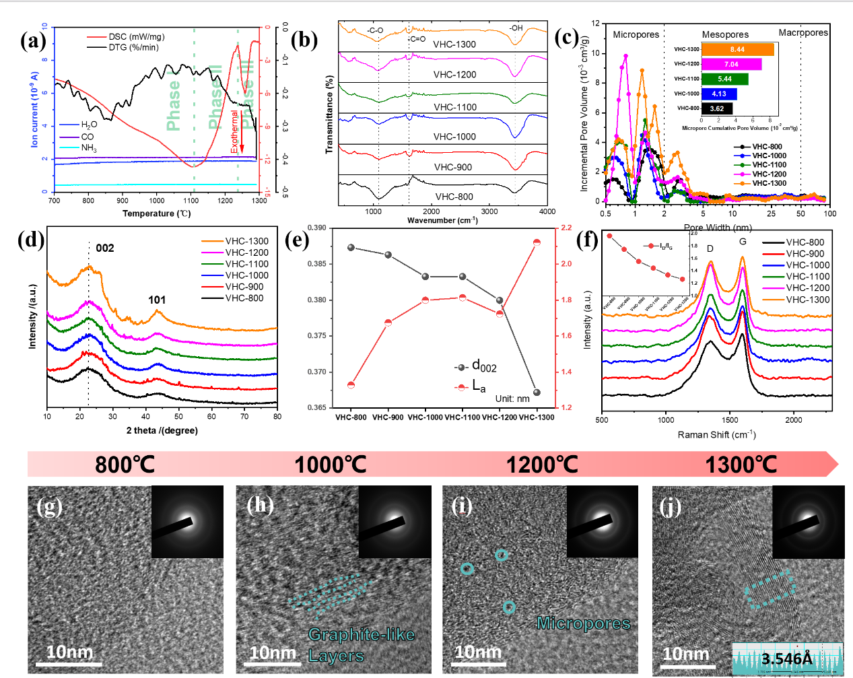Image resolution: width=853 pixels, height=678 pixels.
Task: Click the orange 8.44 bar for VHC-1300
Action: click(737, 50)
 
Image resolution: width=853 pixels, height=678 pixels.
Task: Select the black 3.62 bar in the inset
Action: click(716, 108)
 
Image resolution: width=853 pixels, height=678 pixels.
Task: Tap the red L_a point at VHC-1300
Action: click(537, 242)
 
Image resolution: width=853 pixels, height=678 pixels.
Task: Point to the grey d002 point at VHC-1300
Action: click(537, 393)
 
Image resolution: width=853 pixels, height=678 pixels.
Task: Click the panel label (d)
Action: click(31, 240)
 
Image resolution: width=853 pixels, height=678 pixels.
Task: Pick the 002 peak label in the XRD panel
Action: click(104, 248)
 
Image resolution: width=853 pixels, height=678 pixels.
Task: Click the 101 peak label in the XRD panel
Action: click(157, 300)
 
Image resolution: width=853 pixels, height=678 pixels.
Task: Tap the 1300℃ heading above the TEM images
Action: click(741, 465)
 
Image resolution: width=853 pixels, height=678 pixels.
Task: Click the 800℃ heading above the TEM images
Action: click(125, 465)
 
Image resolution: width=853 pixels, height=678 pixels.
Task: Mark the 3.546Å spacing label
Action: click(786, 658)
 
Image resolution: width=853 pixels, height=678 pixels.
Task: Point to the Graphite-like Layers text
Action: click(361, 644)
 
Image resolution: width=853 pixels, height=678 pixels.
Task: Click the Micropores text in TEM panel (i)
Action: click(583, 623)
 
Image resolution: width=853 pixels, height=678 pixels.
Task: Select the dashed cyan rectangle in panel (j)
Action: click(770, 589)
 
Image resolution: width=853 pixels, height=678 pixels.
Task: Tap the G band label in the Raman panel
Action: click(743, 242)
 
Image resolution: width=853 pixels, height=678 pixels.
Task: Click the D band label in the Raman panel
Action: click(710, 249)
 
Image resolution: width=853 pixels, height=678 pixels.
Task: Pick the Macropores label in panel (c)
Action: click(803, 33)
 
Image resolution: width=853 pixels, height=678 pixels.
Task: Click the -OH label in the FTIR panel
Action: click(516, 28)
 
